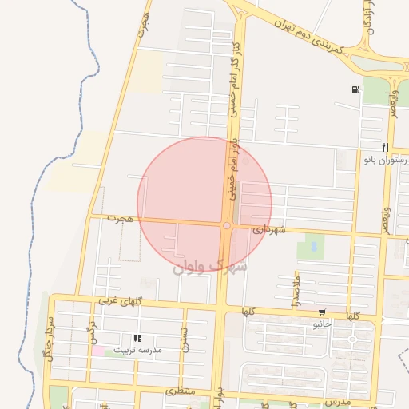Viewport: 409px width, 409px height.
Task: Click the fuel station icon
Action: tap(355, 89)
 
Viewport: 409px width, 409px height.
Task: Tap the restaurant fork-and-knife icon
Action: tap(385, 147)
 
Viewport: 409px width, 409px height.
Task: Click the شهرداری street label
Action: tap(268, 228)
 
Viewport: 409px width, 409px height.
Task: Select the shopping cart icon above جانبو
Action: tap(321, 312)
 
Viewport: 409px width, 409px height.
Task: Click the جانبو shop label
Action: tap(321, 324)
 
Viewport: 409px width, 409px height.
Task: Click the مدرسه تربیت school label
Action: tap(137, 350)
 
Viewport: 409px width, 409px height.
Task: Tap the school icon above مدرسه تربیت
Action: tap(137, 339)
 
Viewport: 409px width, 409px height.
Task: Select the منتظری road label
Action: tap(180, 392)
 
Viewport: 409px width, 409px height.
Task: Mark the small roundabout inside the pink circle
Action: tap(227, 226)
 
